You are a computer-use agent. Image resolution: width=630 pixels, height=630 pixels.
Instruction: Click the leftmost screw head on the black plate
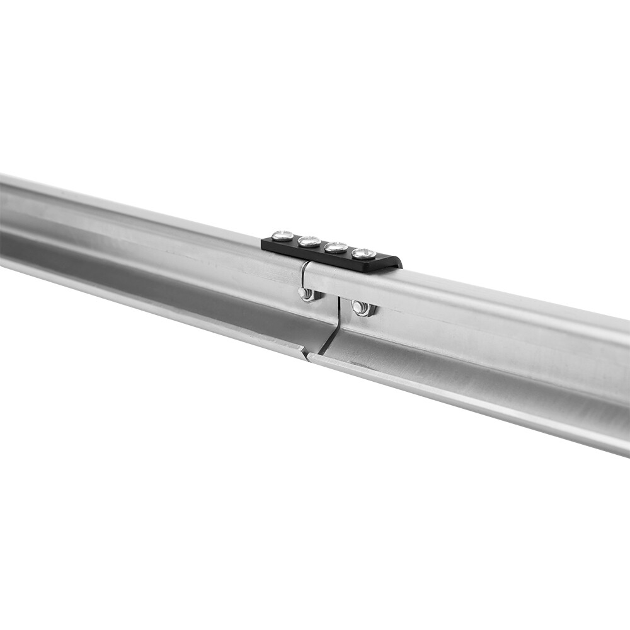(x=283, y=236)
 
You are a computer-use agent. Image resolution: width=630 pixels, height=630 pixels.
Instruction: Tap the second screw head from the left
(x=309, y=241)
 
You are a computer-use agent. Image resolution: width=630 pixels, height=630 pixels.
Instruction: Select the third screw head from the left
(x=336, y=247)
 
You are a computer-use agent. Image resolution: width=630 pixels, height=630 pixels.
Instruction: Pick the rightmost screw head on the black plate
(x=364, y=253)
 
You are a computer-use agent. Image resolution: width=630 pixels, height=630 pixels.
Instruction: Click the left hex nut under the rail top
(x=308, y=294)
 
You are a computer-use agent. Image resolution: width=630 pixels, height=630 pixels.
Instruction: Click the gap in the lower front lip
(x=307, y=357)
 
